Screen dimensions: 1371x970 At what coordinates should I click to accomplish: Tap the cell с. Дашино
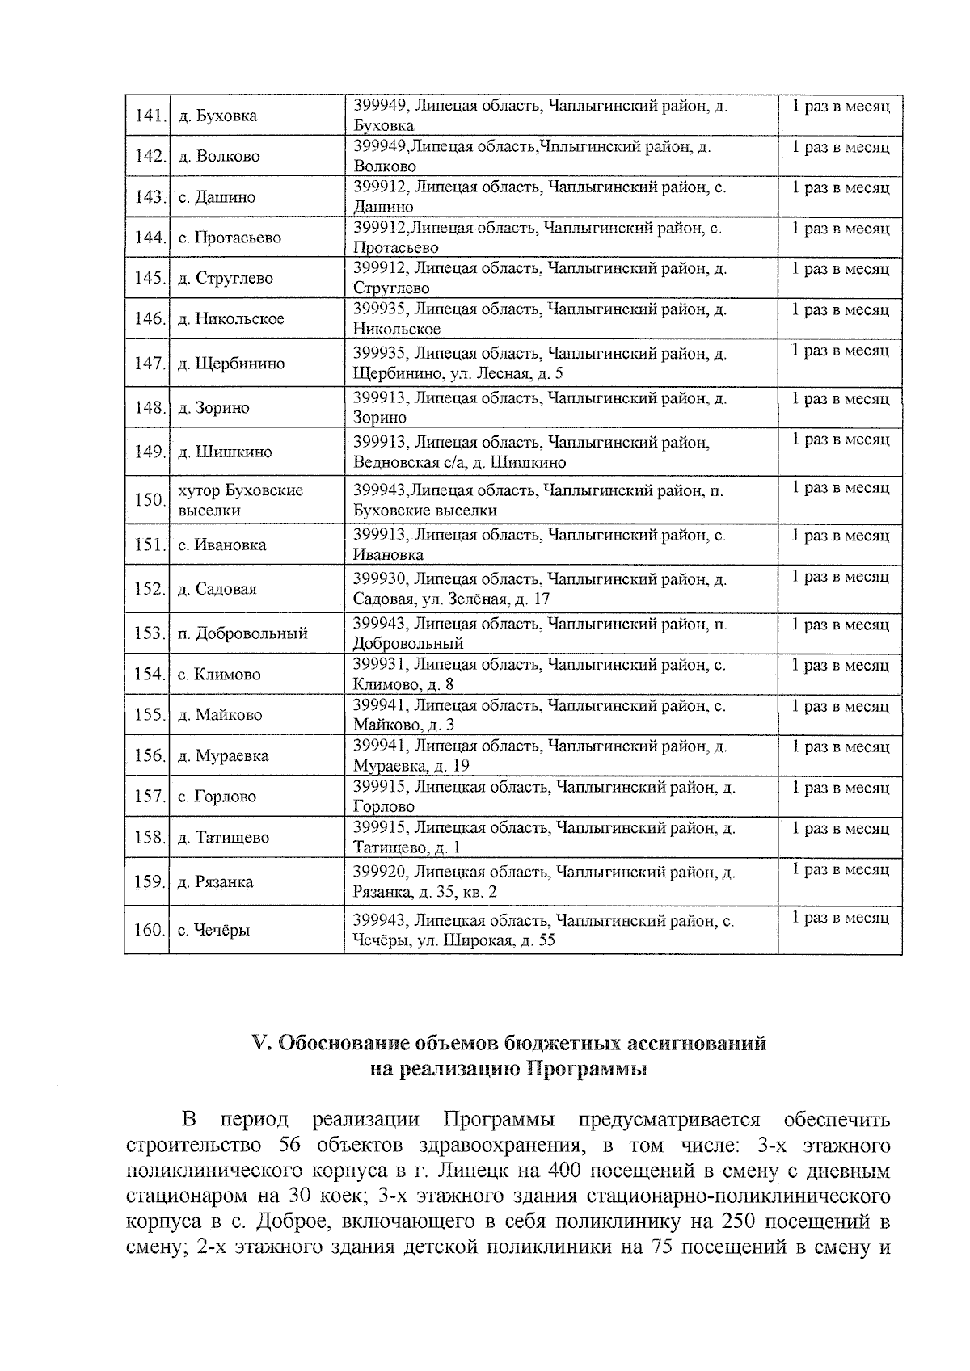(x=217, y=197)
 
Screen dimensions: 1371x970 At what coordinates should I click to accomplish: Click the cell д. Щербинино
(x=231, y=364)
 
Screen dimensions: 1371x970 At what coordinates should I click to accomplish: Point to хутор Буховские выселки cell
(x=240, y=500)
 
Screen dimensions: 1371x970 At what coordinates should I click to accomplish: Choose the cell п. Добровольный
(x=242, y=633)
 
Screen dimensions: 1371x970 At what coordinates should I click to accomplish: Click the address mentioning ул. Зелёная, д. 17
(x=539, y=589)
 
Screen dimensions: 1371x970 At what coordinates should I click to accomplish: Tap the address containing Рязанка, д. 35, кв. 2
(x=543, y=881)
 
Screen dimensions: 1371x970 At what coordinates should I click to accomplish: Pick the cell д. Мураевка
(x=223, y=756)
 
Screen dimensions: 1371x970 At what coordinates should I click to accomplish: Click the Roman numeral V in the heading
(x=259, y=1043)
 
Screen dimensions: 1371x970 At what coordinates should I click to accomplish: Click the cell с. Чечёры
(x=214, y=930)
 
